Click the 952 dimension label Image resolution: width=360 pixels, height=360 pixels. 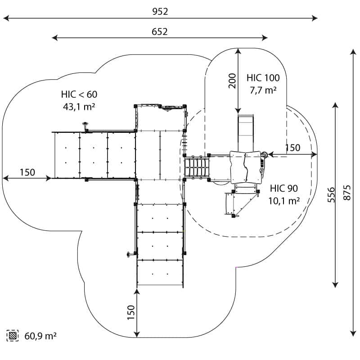coord(160,12)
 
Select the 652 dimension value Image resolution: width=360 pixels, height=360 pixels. coord(160,31)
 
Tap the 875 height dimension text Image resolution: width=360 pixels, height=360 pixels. coord(347,193)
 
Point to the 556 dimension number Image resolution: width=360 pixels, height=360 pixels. coord(331,194)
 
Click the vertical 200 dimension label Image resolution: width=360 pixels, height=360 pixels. coord(232,81)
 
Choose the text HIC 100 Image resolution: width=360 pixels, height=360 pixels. coord(263,77)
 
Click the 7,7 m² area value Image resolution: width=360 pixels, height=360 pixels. coord(263,90)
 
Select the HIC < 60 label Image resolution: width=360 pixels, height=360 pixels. coord(79,94)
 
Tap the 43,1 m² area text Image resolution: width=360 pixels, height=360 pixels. coord(79,107)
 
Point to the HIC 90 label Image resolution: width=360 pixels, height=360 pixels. coord(284,189)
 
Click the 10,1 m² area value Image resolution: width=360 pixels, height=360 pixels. coord(284,201)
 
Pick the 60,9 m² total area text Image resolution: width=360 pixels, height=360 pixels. coord(40,336)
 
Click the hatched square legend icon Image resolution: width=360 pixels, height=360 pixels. coord(13,335)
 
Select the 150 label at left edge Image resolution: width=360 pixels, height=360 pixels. coord(27,172)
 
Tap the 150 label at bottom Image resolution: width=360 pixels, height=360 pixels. coord(130,313)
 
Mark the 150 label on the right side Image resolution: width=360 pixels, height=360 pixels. coord(292,148)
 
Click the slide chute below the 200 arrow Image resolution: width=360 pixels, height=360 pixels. coord(245,128)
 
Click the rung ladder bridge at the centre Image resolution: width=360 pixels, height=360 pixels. coord(197,167)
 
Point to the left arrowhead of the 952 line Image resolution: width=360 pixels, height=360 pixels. coord(5,18)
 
